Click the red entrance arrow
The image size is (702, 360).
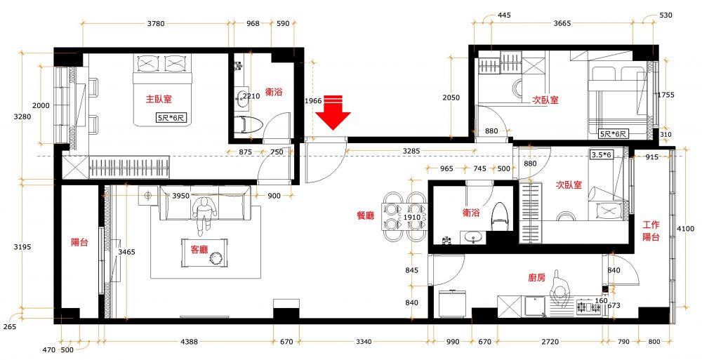tap(333, 112)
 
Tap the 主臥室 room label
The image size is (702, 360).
tap(159, 99)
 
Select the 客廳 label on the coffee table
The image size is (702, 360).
tap(199, 250)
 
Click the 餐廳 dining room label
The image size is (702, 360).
tap(365, 216)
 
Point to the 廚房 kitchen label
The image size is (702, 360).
tap(537, 278)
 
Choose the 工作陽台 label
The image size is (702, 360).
tap(651, 231)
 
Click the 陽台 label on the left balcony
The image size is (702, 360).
tap(80, 242)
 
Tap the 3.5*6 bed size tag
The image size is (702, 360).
tap(602, 155)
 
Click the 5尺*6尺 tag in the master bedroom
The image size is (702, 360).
tap(171, 118)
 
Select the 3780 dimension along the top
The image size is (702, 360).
tap(156, 23)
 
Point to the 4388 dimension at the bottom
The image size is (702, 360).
tap(189, 342)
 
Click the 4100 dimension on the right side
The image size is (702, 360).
tap(685, 229)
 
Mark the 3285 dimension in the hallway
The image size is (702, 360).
tap(411, 152)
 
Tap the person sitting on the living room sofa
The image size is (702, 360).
tap(204, 215)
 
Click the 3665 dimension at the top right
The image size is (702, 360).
tap(562, 23)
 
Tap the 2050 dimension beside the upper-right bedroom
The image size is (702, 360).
tap(451, 98)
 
